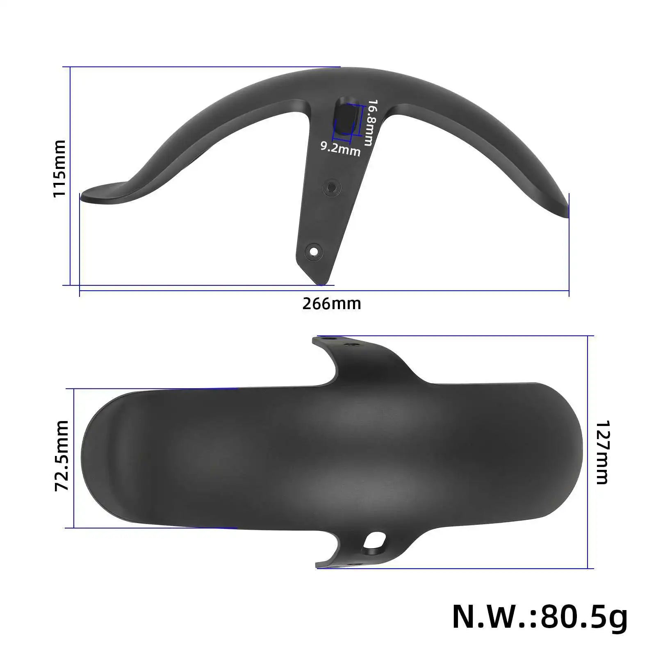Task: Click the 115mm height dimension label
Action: (x=59, y=169)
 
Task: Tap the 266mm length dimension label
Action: (x=332, y=304)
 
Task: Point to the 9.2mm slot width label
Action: (x=340, y=149)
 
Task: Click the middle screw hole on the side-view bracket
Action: (x=331, y=188)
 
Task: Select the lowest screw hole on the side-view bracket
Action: (x=314, y=250)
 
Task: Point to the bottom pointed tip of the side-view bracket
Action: (x=321, y=283)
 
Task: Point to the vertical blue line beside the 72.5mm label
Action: (x=74, y=458)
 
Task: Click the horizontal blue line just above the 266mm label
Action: (x=324, y=291)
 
